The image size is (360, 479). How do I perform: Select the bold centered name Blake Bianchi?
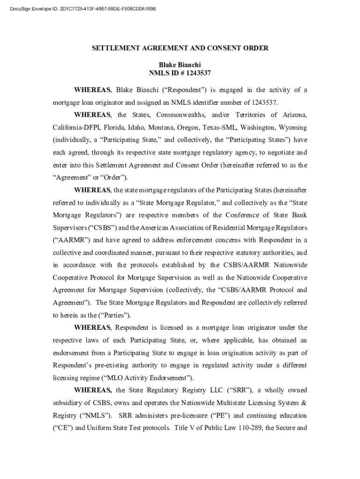pos(180,64)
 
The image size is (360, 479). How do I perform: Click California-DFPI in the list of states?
pos(76,127)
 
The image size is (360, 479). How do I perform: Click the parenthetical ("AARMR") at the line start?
pos(72,240)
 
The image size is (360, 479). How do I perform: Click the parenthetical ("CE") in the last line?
pos(62,428)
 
